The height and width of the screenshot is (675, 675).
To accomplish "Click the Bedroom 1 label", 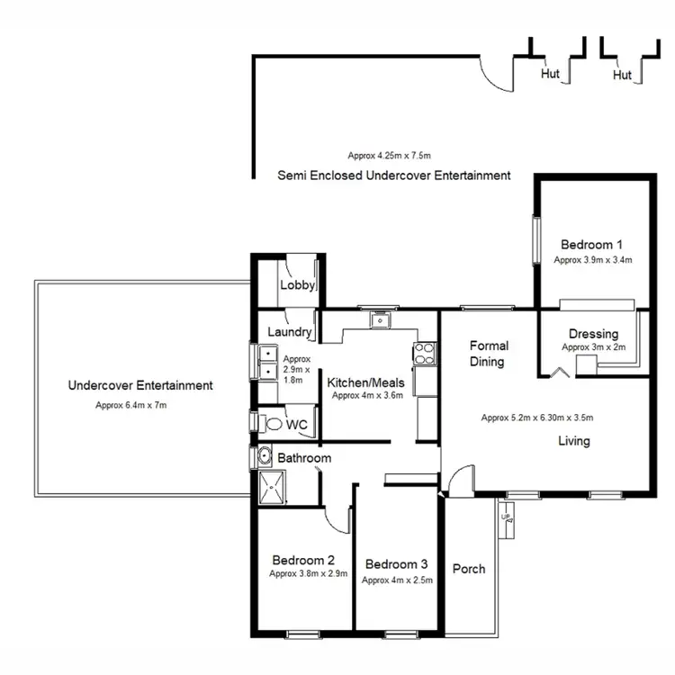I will click(592, 244).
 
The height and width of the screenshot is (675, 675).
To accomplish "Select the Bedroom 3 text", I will click(397, 564).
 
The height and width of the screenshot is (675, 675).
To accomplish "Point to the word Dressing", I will click(593, 333).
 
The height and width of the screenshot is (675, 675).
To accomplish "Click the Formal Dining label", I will click(489, 353).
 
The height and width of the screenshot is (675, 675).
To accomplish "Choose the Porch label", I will click(469, 568).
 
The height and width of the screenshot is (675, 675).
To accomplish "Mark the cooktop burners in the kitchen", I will click(424, 355).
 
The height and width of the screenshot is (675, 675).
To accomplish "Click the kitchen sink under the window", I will click(382, 319).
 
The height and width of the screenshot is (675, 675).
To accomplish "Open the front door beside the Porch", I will click(457, 481).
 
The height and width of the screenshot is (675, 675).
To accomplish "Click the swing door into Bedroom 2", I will click(337, 520).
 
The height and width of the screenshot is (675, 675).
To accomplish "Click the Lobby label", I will click(297, 285).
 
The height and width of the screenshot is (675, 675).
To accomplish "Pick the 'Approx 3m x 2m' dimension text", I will click(593, 347).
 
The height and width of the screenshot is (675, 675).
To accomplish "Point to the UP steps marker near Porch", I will click(509, 521).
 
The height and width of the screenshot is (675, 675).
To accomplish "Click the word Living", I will click(573, 441).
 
